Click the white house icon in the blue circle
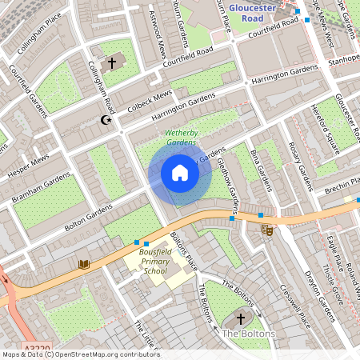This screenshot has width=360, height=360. pos(180,172)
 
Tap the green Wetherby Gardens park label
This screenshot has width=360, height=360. pos(181,138)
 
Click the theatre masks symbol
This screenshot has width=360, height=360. pos(267,230)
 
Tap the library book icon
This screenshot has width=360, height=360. pos(83,264)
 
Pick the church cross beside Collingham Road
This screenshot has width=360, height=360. pos(111,62)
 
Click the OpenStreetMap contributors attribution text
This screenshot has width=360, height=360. pos(80,354)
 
